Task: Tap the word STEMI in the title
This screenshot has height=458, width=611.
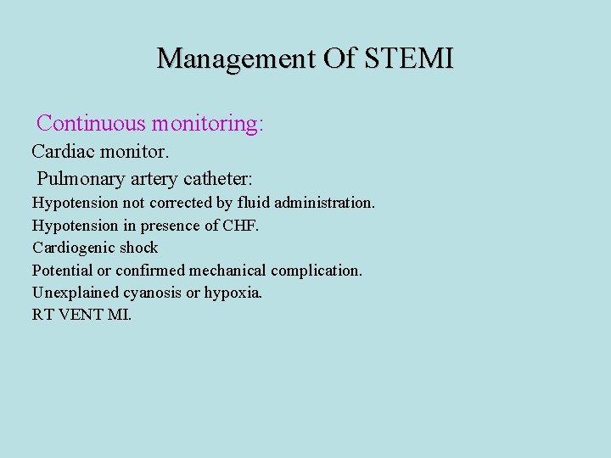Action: tap(410, 59)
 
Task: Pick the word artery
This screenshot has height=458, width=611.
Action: tap(157, 179)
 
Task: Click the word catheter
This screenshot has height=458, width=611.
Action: tap(222, 179)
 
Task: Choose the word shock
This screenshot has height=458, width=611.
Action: tap(138, 249)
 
